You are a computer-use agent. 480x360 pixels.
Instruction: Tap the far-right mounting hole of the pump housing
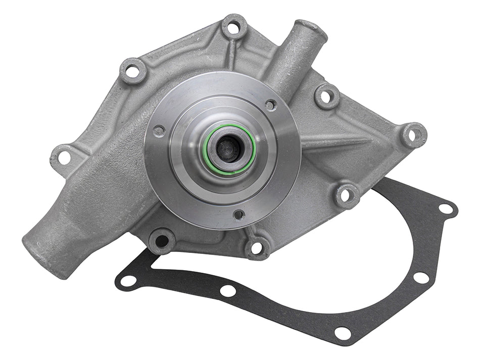[x=413, y=135]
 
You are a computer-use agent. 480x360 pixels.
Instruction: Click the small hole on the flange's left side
[x=159, y=131]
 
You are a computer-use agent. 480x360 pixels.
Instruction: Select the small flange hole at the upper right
[x=271, y=105]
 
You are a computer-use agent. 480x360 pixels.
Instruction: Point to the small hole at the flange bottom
[x=238, y=214]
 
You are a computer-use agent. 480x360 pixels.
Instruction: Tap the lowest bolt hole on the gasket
[x=343, y=333]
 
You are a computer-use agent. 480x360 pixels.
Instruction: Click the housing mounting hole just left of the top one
[x=133, y=71]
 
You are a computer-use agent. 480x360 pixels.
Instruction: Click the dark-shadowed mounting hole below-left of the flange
[x=161, y=240]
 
